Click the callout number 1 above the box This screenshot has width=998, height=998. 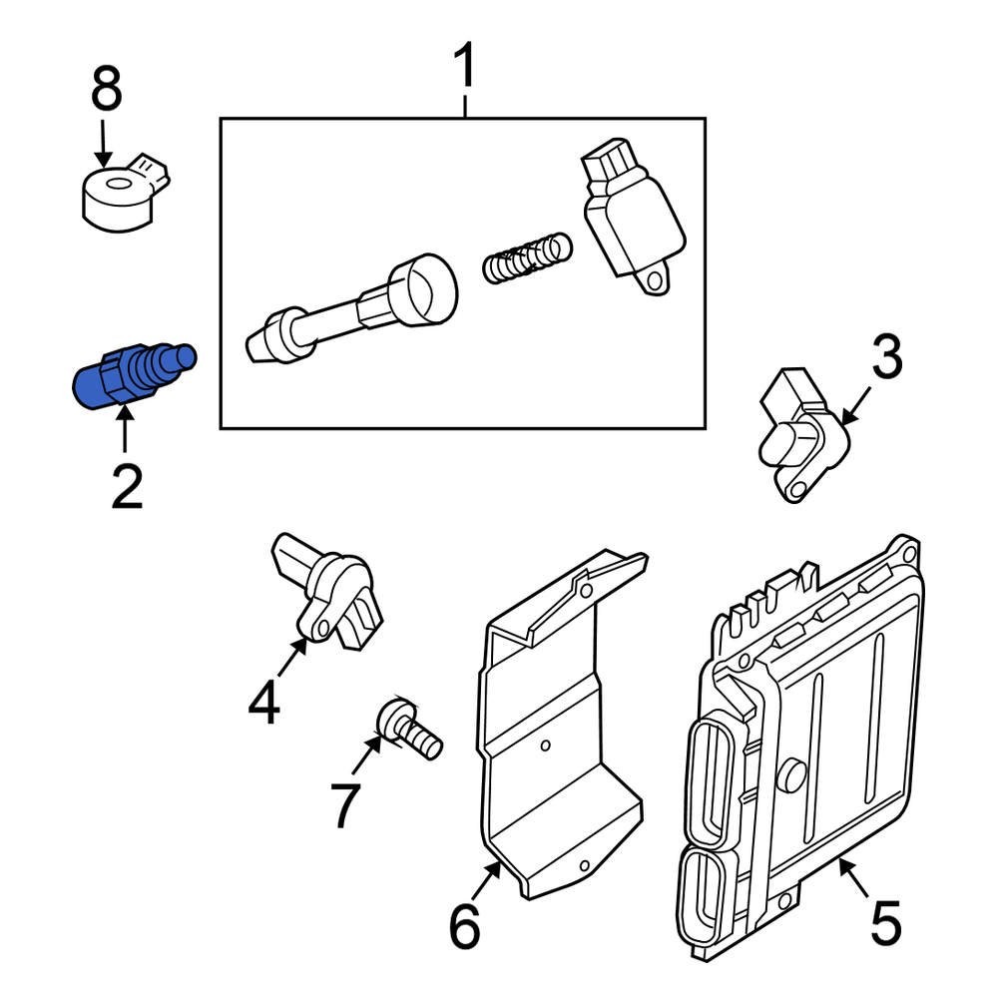[465, 65]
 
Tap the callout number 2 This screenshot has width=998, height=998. [127, 487]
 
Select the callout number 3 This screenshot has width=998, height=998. [886, 357]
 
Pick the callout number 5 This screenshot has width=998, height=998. [886, 922]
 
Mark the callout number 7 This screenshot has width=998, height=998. [345, 805]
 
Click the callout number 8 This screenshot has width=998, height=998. [107, 89]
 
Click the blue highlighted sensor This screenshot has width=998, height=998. [134, 375]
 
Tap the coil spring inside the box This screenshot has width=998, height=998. [527, 257]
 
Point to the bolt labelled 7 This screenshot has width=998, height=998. [408, 729]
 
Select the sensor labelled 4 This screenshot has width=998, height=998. [327, 591]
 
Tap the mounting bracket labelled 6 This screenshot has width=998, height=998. [561, 726]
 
